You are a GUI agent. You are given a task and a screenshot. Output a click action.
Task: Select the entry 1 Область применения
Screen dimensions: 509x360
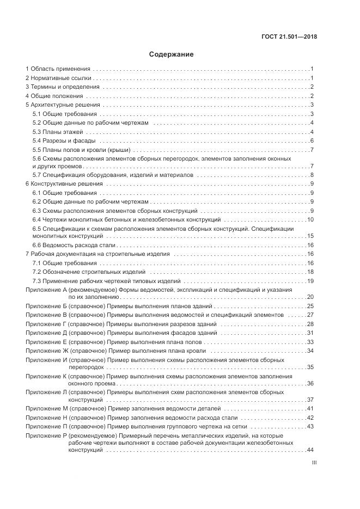click(x=58, y=69)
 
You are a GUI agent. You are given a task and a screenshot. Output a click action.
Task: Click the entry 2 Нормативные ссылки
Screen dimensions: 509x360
click(x=59, y=78)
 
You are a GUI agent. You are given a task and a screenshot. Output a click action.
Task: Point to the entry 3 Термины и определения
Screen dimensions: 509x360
click(x=63, y=87)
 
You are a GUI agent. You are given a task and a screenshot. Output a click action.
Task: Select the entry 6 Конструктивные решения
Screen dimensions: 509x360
click(x=64, y=184)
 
